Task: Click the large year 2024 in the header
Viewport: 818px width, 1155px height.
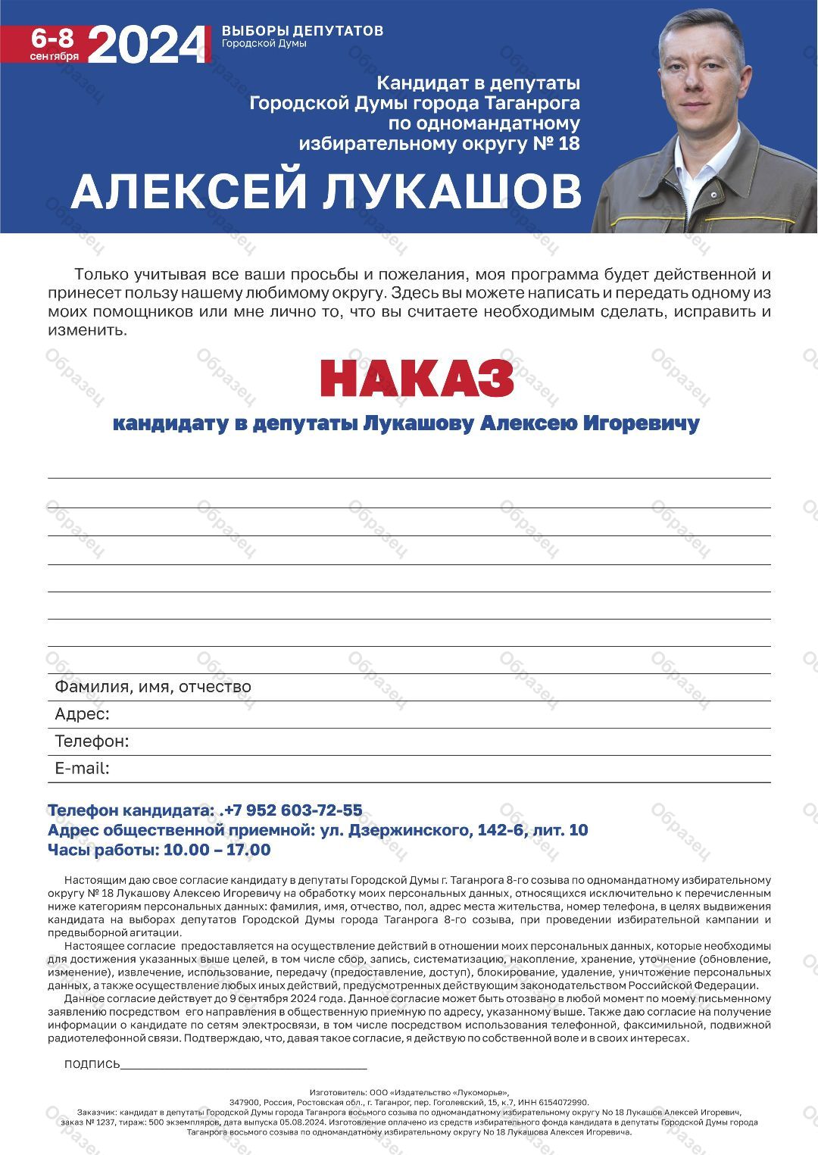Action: click(x=148, y=45)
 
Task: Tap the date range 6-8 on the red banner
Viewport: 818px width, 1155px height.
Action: click(x=54, y=38)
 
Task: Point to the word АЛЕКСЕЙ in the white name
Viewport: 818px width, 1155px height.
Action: click(x=189, y=191)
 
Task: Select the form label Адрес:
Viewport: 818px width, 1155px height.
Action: click(x=82, y=713)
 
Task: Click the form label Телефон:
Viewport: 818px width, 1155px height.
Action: click(x=92, y=741)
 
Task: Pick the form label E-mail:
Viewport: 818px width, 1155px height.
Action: click(x=82, y=768)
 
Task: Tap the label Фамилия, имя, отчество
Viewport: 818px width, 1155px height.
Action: click(x=152, y=686)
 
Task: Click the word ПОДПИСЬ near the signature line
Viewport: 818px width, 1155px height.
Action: click(x=92, y=1064)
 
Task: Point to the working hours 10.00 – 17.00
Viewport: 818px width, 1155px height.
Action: click(x=217, y=850)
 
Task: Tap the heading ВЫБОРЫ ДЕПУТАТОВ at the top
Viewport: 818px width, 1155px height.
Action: click(x=302, y=30)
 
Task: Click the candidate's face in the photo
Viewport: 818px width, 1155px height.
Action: click(x=701, y=76)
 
